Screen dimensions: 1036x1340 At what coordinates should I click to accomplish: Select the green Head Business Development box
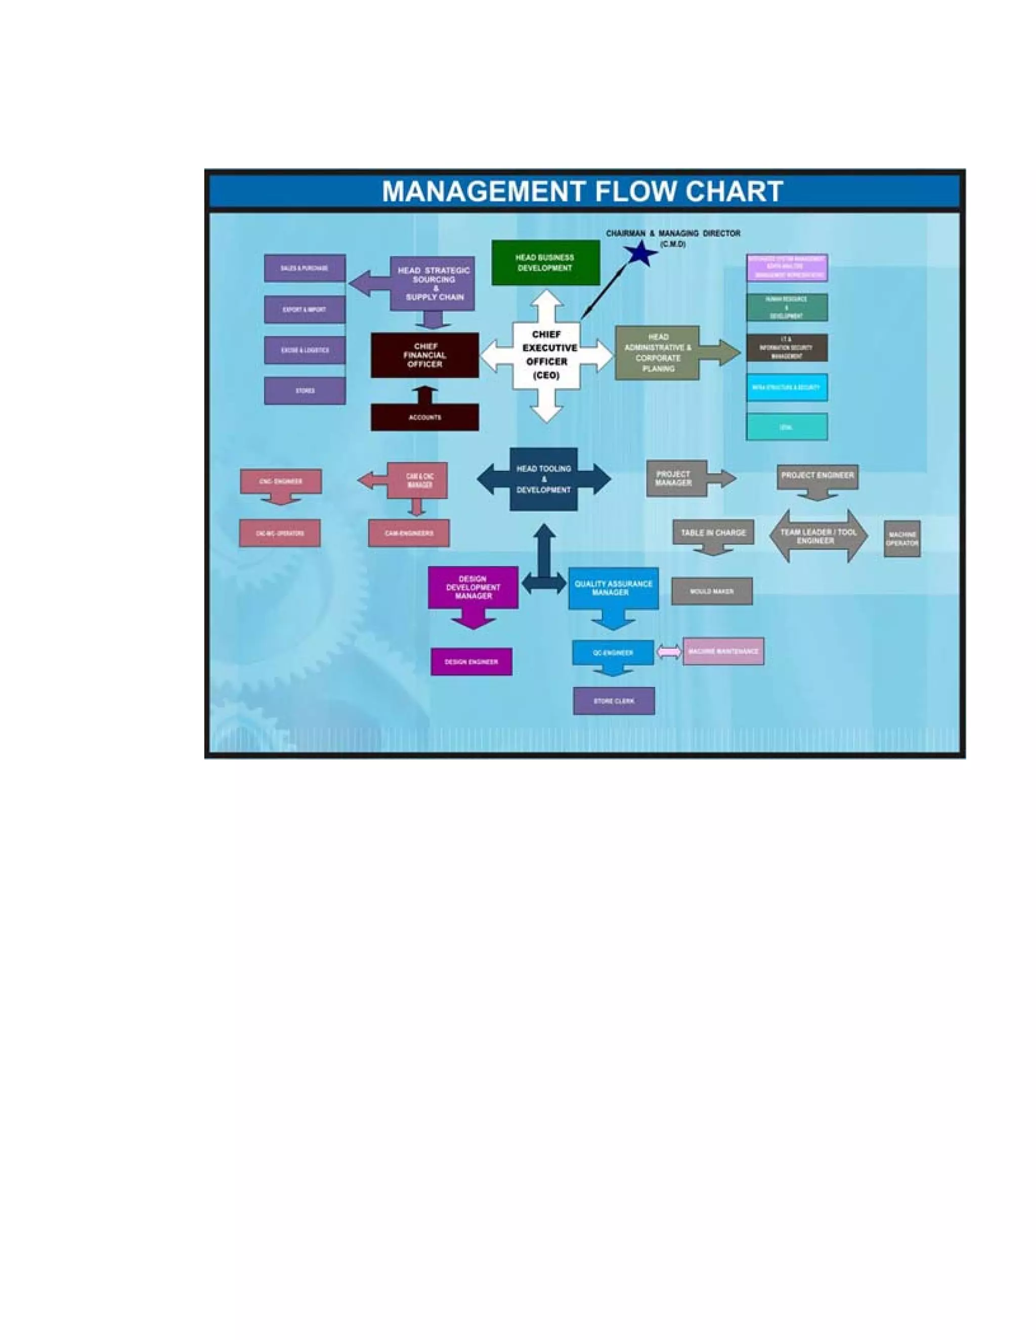point(545,262)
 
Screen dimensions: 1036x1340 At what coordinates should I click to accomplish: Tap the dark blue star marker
point(640,253)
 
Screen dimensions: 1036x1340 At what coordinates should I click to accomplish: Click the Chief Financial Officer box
point(425,355)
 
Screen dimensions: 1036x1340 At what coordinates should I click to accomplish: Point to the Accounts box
point(425,418)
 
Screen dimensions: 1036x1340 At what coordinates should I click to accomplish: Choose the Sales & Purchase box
point(305,268)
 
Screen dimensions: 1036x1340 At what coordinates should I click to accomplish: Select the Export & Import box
point(305,310)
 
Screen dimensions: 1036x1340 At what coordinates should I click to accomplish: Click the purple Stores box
point(305,391)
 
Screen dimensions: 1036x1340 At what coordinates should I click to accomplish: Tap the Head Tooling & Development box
point(544,479)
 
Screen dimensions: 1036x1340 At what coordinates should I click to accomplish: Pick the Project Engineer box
point(817,475)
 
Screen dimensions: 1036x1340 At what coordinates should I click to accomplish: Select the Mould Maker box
point(711,592)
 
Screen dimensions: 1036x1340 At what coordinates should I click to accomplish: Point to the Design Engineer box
point(471,662)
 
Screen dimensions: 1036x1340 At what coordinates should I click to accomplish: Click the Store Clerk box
point(614,701)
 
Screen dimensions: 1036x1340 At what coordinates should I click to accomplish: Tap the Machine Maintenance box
point(723,652)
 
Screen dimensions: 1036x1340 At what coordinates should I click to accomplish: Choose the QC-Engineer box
point(613,653)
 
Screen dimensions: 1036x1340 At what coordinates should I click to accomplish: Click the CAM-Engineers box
point(409,533)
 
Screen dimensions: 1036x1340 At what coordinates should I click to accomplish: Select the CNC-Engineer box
point(280,481)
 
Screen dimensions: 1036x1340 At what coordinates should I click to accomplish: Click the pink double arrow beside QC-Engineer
point(669,652)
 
